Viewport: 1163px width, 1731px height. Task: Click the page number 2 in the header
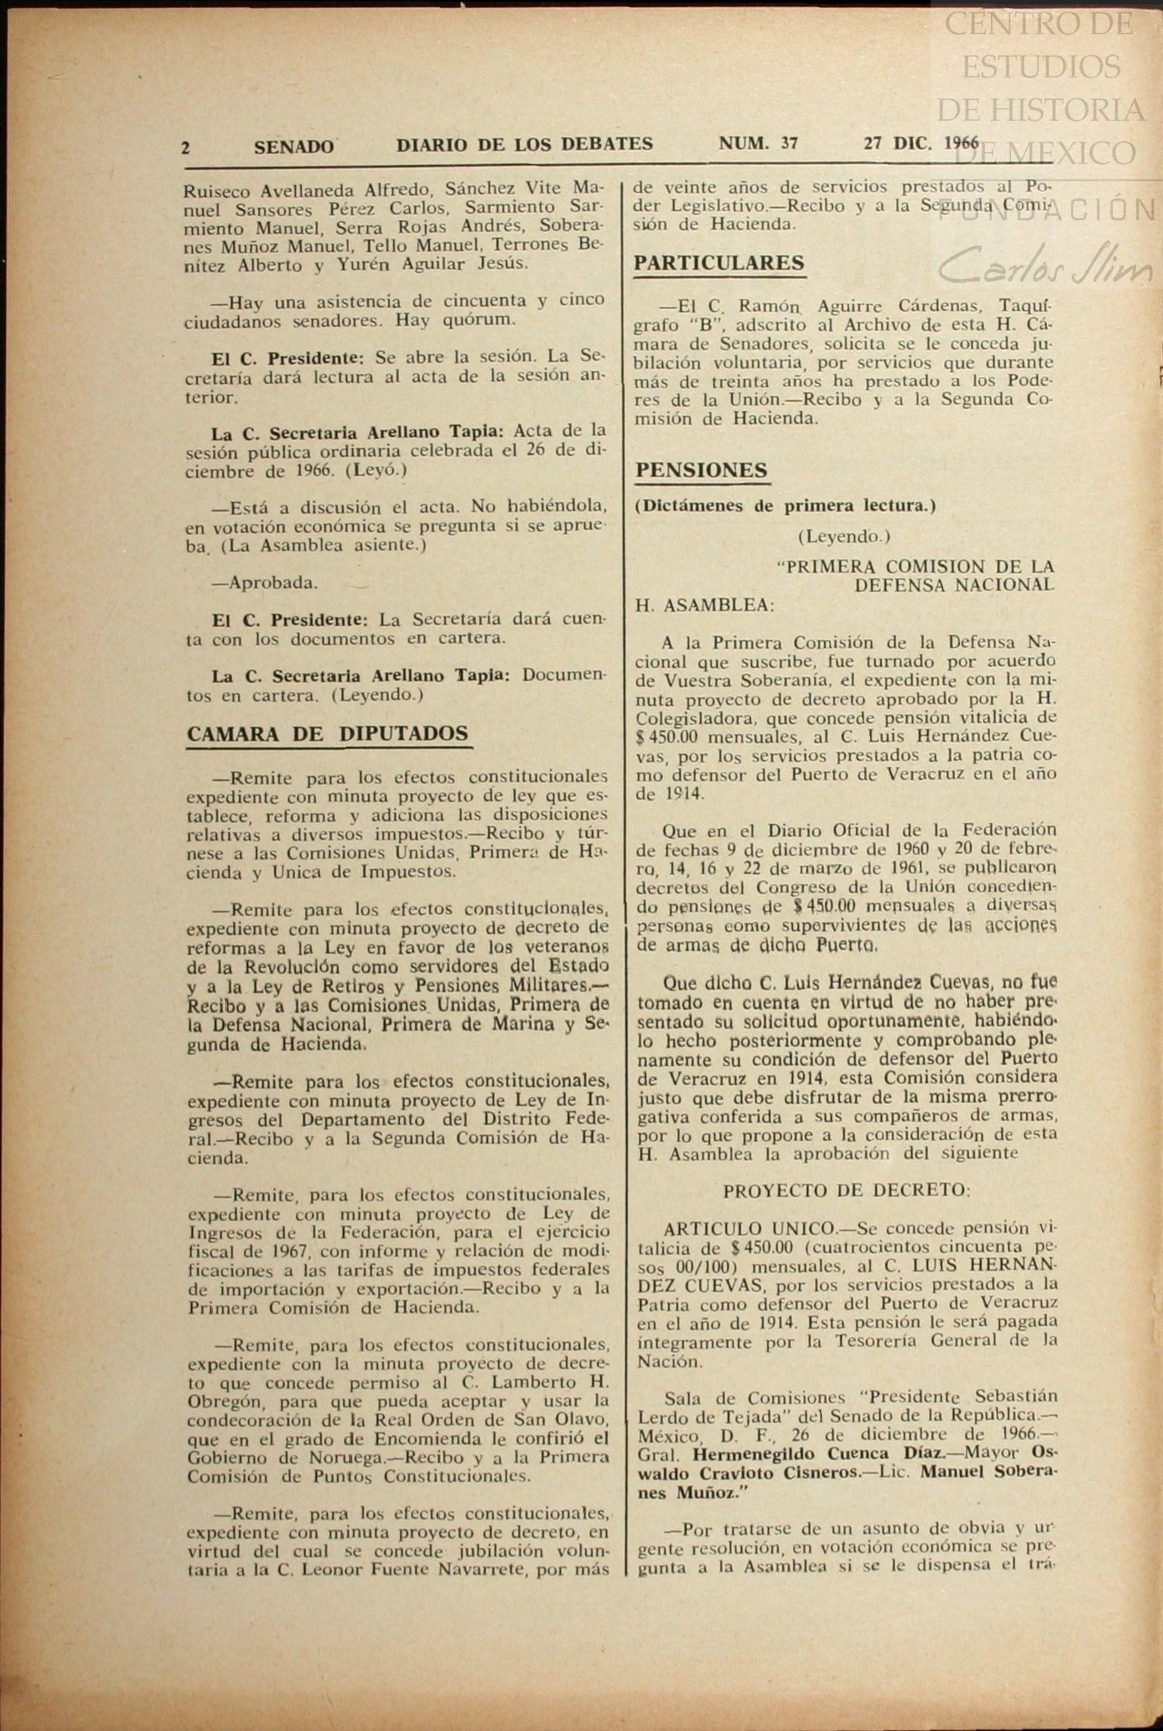pyautogui.click(x=186, y=146)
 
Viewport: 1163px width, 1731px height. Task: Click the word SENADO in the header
pyautogui.click(x=294, y=146)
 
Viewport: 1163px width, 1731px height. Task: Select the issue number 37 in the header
pyautogui.click(x=790, y=143)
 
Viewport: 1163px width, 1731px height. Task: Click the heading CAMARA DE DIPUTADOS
pyautogui.click(x=328, y=733)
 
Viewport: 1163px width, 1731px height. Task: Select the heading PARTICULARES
pyautogui.click(x=719, y=263)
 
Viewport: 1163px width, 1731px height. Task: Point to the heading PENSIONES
pyautogui.click(x=702, y=470)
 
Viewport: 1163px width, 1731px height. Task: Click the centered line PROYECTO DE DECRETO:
pyautogui.click(x=846, y=1191)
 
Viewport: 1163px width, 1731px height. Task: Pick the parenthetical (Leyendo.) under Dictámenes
pyautogui.click(x=844, y=536)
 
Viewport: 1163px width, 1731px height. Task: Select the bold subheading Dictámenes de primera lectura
pyautogui.click(x=786, y=507)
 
